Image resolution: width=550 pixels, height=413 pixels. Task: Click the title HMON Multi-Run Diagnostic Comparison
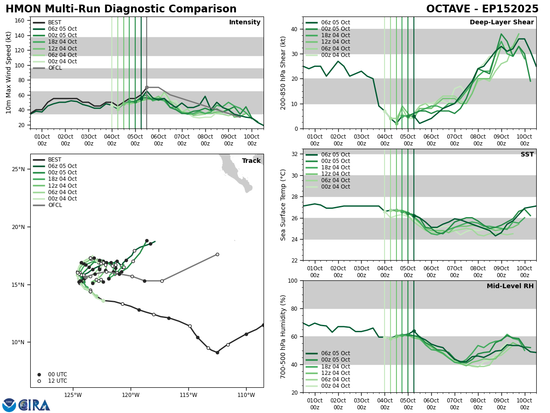121,9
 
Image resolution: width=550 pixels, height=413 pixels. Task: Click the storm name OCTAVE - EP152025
482,9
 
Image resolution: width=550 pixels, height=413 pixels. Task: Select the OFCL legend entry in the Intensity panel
55,68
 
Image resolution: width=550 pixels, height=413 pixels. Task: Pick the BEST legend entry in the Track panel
55,160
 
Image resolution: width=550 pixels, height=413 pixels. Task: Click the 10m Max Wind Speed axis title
9,73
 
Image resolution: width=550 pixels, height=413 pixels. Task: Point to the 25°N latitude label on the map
18,169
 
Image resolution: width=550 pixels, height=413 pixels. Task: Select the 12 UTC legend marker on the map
39,381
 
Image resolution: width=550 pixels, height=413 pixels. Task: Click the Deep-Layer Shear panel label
501,22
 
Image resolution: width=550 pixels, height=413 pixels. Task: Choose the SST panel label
527,155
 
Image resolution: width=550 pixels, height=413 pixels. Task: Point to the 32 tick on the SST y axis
295,154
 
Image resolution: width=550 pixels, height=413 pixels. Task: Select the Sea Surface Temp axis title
283,205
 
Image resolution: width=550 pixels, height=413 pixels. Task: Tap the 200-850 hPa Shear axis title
283,73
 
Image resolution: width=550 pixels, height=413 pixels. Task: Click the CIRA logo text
35,405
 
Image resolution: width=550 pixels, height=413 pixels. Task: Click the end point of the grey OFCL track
217,254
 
